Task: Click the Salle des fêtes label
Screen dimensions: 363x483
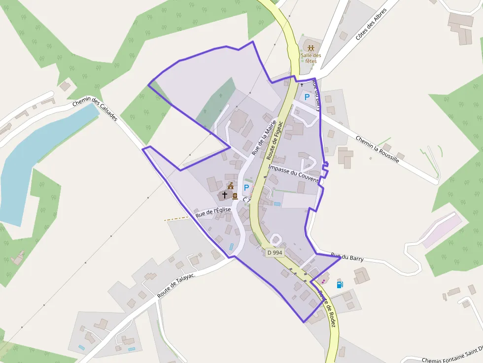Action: pyautogui.click(x=310, y=58)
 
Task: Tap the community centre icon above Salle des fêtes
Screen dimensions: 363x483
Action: pyautogui.click(x=310, y=48)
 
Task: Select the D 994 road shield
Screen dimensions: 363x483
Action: pyautogui.click(x=275, y=252)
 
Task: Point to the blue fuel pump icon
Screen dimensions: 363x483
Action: pyautogui.click(x=339, y=284)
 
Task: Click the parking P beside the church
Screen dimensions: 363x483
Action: pyautogui.click(x=246, y=188)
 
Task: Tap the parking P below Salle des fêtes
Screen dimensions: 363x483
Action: pyautogui.click(x=307, y=97)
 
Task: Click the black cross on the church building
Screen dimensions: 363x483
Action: pyautogui.click(x=225, y=195)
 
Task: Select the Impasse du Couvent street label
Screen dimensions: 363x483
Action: pyautogui.click(x=293, y=173)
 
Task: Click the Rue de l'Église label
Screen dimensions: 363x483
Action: pyautogui.click(x=213, y=212)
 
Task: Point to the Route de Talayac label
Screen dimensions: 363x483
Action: pyautogui.click(x=176, y=286)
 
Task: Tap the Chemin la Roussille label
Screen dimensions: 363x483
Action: pyautogui.click(x=377, y=149)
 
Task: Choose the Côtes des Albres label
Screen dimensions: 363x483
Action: pyautogui.click(x=371, y=24)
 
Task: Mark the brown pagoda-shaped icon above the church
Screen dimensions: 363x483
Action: pyautogui.click(x=230, y=186)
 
